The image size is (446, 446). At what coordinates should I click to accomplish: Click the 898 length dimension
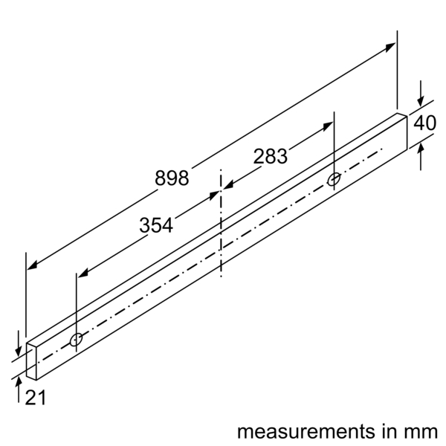coord(172,178)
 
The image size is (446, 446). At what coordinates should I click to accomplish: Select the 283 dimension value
coord(270,157)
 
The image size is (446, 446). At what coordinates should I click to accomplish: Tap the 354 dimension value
coord(156,225)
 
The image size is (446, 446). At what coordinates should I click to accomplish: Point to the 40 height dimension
coord(424,123)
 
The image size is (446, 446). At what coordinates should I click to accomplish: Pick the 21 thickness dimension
coord(35,398)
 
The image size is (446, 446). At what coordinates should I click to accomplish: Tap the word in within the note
coord(393,431)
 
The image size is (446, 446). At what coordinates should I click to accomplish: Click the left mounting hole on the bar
coord(76,340)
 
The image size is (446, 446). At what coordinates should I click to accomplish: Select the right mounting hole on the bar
coord(334,179)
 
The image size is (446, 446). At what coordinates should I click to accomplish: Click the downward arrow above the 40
coord(421,102)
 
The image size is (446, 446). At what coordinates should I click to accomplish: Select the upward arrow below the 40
coord(421,149)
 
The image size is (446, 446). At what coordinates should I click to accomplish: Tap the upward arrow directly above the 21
coord(19,381)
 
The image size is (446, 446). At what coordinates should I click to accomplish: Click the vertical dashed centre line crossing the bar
coord(221,223)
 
